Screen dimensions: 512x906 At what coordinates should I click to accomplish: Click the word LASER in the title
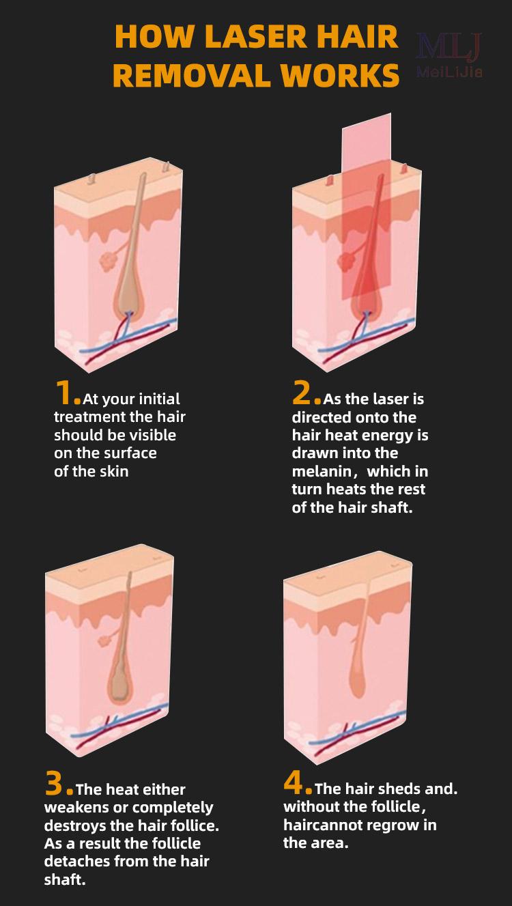point(257,37)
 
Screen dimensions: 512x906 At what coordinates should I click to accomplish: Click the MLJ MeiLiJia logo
point(449,55)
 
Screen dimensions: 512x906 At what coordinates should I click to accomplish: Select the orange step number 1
point(65,393)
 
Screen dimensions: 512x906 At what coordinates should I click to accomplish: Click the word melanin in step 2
point(322,472)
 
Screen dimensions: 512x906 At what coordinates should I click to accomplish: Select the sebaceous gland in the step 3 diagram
point(104,640)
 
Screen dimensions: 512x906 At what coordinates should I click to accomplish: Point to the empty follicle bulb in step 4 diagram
point(357,681)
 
